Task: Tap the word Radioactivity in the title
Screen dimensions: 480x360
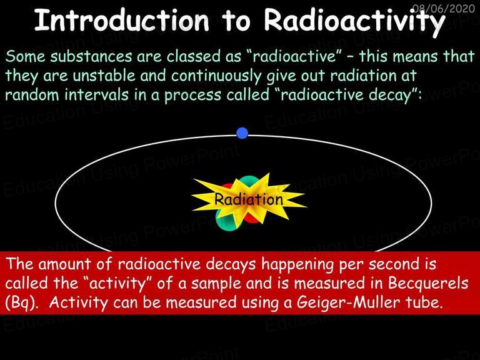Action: pyautogui.click(x=354, y=22)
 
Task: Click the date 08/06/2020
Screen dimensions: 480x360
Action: pyautogui.click(x=444, y=8)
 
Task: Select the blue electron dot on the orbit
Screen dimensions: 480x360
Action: pyautogui.click(x=242, y=133)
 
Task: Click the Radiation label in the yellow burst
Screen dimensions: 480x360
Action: pyautogui.click(x=248, y=199)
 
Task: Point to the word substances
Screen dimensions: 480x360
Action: pyautogui.click(x=91, y=56)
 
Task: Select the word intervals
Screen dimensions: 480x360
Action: pyautogui.click(x=96, y=94)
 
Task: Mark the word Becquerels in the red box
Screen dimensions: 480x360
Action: pyautogui.click(x=428, y=283)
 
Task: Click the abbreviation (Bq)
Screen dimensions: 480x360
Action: pyautogui.click(x=22, y=303)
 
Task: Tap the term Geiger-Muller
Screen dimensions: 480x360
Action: pyautogui.click(x=348, y=302)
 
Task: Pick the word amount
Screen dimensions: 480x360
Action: pyautogui.click(x=64, y=264)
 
